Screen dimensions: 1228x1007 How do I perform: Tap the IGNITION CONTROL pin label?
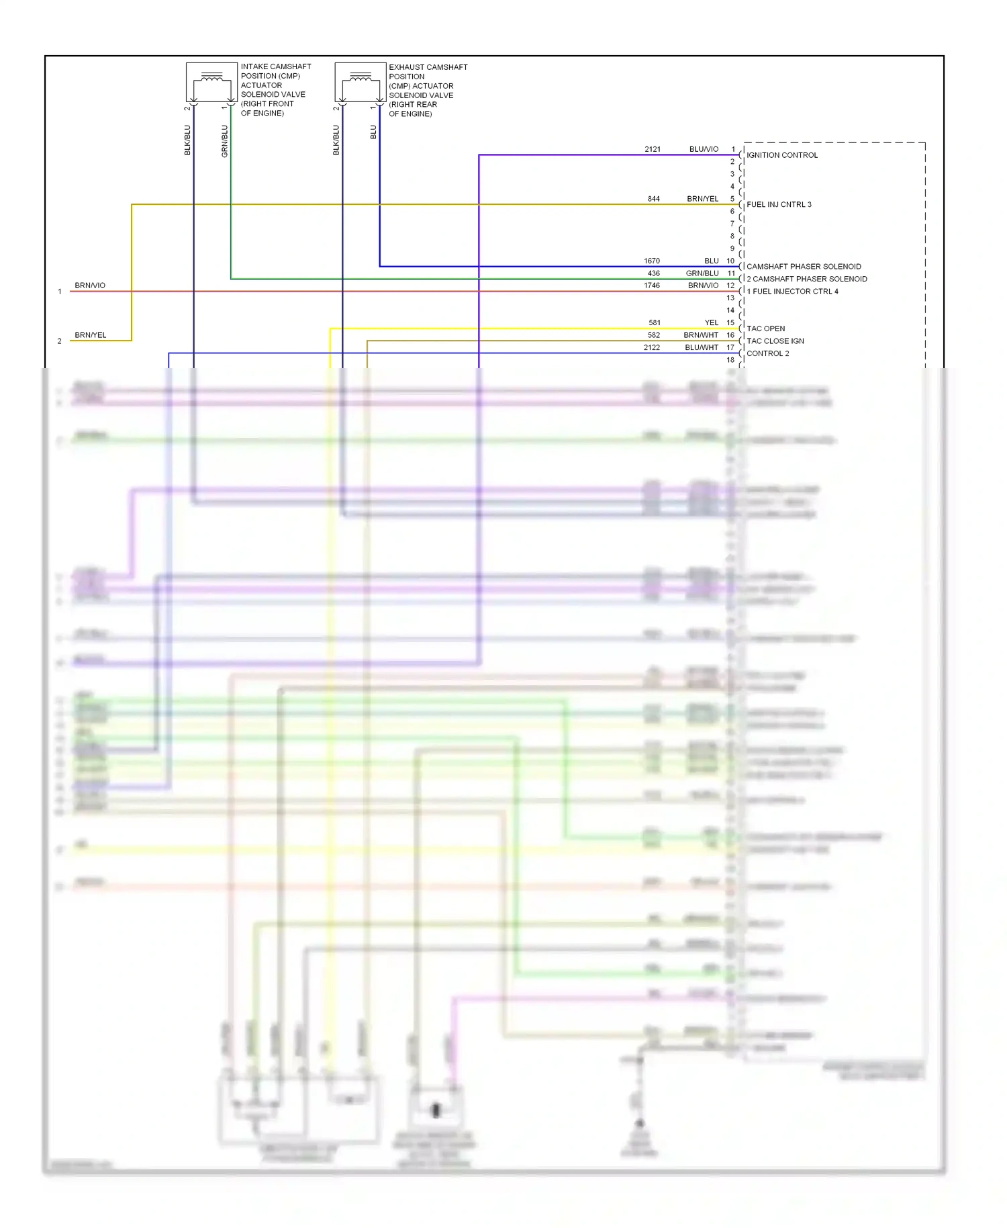click(782, 155)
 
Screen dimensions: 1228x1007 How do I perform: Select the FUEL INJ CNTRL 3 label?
click(779, 204)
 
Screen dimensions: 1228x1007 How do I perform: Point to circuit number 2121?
click(653, 149)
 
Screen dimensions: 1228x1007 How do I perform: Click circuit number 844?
click(654, 199)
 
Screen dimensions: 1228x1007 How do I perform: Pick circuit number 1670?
click(652, 261)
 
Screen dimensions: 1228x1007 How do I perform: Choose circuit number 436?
click(654, 273)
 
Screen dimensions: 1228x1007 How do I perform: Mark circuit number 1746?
click(652, 286)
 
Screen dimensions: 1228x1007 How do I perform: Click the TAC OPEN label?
click(766, 328)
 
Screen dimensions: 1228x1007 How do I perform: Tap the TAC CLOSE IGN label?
click(775, 341)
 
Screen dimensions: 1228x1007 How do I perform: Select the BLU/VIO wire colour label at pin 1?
click(704, 149)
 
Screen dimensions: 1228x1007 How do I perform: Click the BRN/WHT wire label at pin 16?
click(701, 335)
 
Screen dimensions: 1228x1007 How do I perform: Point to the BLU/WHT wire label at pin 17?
click(702, 347)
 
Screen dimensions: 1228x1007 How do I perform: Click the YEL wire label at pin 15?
click(712, 322)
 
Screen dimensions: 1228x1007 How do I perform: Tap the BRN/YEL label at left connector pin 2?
click(91, 335)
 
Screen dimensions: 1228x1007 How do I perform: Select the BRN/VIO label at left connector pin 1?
click(90, 286)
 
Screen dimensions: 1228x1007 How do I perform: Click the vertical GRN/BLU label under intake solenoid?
click(225, 141)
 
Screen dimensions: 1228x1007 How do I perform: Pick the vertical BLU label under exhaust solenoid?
click(374, 132)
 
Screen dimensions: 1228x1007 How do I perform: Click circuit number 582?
click(654, 335)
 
